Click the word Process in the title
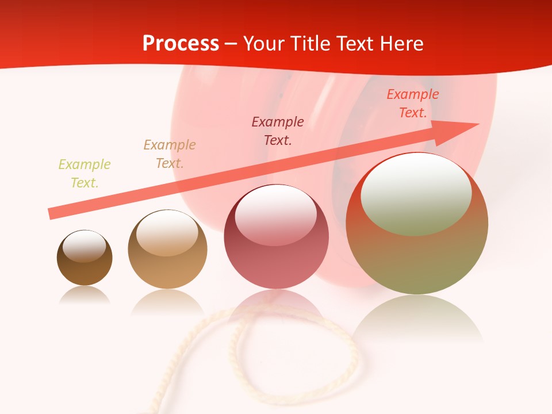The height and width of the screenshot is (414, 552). (181, 44)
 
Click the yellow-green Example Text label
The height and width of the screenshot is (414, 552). (85, 174)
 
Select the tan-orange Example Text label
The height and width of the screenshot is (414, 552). (170, 154)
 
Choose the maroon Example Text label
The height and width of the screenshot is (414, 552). (278, 131)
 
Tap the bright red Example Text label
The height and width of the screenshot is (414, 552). (413, 103)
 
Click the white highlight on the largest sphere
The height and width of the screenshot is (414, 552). (416, 194)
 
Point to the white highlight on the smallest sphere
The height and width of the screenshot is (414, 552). (84, 246)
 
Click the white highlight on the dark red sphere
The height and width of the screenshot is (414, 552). (275, 214)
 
